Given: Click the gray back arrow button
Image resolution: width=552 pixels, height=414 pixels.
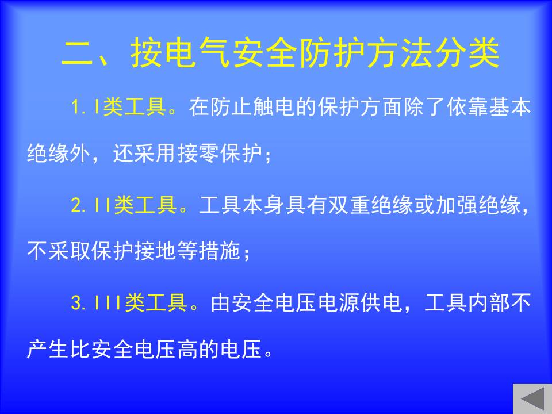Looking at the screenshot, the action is (x=532, y=398).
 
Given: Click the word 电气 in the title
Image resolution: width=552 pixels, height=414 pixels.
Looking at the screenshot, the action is (x=198, y=53).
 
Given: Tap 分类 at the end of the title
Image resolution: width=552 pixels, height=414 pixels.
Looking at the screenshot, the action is (x=466, y=53).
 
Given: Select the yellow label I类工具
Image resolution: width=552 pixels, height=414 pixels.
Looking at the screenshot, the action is (x=131, y=106).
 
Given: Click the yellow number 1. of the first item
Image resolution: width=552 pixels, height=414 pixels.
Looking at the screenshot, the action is (x=79, y=106).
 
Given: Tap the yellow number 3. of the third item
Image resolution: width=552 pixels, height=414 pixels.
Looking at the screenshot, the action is (x=79, y=303).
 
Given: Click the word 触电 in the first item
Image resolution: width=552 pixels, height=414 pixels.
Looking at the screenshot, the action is (x=274, y=106).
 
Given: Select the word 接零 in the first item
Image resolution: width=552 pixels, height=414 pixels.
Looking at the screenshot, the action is (x=198, y=154).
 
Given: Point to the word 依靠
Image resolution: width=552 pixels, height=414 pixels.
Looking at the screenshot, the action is (x=467, y=106).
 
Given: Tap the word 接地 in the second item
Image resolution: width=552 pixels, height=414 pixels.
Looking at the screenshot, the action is (x=156, y=251).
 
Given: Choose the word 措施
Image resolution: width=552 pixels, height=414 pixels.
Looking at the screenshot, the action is (x=220, y=251).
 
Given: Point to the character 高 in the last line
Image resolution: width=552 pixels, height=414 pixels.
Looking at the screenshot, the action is (x=188, y=349).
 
